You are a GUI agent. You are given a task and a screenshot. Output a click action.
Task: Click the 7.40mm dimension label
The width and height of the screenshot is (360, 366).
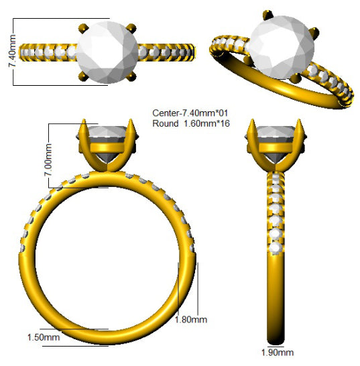coord(12,51)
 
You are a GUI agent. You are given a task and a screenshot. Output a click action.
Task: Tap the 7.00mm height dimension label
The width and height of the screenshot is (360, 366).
coord(48,160)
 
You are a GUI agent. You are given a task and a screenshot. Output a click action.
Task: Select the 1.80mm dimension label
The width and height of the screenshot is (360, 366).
coord(191,320)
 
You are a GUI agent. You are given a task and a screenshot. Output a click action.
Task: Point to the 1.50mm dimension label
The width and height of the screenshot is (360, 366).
coord(44,337)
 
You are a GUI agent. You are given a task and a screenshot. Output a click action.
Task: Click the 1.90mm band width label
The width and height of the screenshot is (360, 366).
coord(277,353)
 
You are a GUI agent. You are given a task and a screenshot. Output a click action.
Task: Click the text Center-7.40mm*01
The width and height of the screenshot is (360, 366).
coord(190,113)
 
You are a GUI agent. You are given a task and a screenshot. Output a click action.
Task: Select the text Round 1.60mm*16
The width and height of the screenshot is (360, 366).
coord(191,123)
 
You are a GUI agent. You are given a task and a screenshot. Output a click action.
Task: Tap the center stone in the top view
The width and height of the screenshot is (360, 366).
coord(108,52)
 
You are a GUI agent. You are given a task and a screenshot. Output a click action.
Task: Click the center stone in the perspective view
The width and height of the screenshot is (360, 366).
coord(282,48)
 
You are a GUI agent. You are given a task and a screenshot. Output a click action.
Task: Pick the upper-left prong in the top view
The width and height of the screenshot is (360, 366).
coord(83,28)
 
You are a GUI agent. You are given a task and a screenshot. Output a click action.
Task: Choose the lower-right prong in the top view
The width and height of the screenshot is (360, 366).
coord(131,76)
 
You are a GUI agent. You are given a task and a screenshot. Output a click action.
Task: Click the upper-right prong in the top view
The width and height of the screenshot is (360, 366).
coord(131,28)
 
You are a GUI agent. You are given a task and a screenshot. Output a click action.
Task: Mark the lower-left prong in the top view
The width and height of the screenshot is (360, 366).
coord(83,76)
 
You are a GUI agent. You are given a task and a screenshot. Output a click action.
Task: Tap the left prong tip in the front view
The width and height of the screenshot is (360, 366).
coord(84,120)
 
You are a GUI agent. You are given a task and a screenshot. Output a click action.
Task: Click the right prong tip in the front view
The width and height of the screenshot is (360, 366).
coord(131,120)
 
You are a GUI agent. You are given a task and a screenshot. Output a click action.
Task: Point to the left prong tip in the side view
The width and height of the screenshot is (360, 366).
coord(252,120)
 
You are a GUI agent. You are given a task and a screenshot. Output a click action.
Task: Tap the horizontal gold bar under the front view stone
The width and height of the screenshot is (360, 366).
coord(107,147)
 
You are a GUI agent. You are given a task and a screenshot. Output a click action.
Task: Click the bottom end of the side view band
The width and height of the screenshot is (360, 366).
coord(276,343)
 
